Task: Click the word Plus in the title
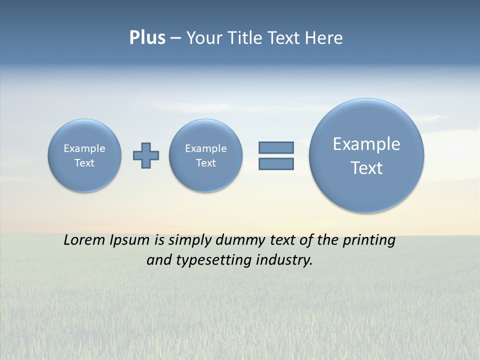(147, 38)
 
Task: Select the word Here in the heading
(323, 38)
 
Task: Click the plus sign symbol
(146, 155)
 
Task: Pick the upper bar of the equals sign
(276, 147)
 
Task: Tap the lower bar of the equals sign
(276, 163)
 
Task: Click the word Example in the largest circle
(366, 144)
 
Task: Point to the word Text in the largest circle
(366, 168)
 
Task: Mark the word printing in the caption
(368, 240)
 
